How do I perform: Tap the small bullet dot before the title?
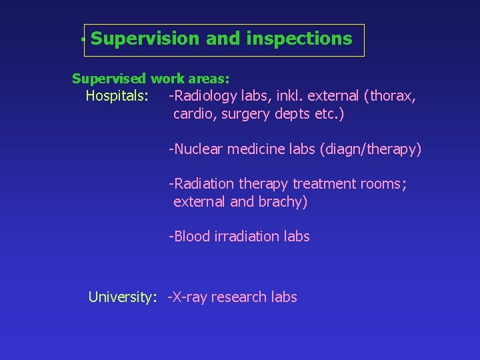[x=82, y=41]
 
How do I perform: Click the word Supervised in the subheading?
[x=109, y=79]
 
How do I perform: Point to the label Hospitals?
[x=117, y=96]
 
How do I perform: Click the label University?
[x=122, y=297]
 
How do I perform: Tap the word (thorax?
[x=390, y=96]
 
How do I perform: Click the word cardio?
[x=193, y=114]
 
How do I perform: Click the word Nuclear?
[x=199, y=149]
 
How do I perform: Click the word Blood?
[x=192, y=236]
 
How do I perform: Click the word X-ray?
[x=190, y=297]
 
